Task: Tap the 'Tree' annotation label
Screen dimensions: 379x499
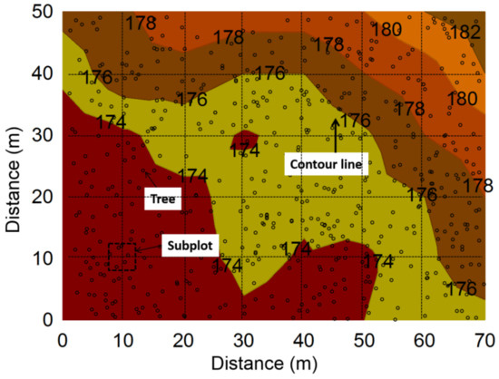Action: tap(163, 198)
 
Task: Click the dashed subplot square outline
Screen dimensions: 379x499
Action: tap(122, 257)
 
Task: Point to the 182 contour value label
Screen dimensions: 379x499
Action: tap(465, 32)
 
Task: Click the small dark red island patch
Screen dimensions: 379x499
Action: tap(245, 143)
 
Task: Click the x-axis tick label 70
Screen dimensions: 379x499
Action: tap(485, 337)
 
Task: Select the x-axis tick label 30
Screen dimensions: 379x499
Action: tap(244, 337)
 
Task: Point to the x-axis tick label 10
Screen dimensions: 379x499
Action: tap(122, 337)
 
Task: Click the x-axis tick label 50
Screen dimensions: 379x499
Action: tap(365, 337)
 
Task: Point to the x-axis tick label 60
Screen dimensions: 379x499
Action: tap(425, 337)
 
